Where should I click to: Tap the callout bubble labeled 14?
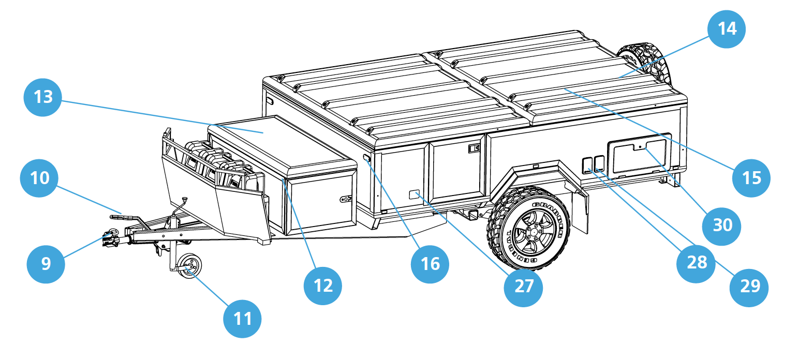(x=727, y=29)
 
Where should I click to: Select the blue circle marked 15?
(x=751, y=177)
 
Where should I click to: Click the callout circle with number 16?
(x=430, y=263)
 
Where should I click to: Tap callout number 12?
(x=323, y=285)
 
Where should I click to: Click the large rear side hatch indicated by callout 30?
(x=639, y=156)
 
